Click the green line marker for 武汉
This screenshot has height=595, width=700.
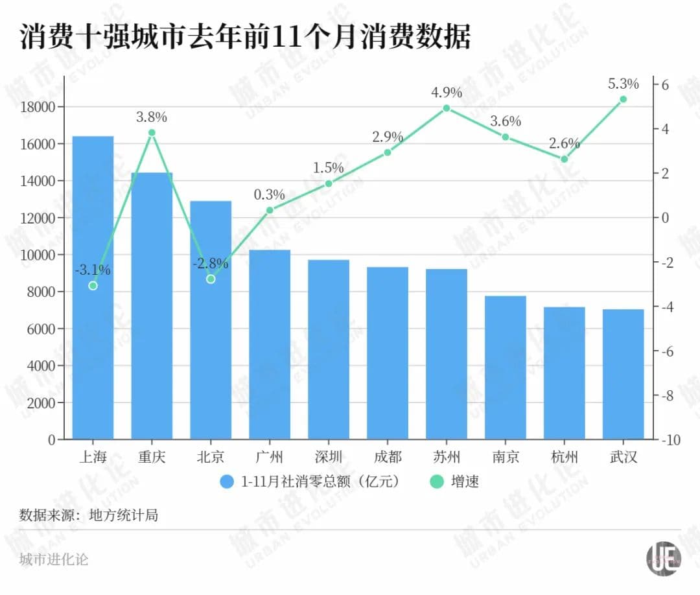623,99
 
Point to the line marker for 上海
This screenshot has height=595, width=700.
93,285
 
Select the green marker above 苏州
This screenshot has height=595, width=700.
447,108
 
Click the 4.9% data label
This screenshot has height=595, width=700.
447,93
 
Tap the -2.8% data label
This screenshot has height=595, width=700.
211,264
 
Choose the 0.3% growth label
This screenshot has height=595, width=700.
270,194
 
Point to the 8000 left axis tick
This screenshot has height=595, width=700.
41,292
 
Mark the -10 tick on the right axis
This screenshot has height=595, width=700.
670,439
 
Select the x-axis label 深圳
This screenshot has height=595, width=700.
329,457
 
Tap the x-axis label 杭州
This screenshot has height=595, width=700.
564,457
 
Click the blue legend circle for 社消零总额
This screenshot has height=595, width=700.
227,482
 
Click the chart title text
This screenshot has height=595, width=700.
245,38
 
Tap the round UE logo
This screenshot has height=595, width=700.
662,558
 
